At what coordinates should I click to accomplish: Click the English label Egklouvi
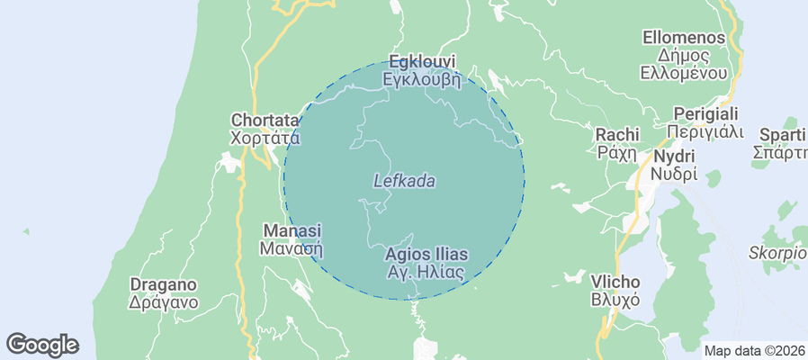click(x=421, y=62)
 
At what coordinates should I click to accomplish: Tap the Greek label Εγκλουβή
click(x=421, y=79)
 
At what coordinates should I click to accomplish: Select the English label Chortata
click(x=265, y=120)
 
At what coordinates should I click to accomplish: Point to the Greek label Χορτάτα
click(x=265, y=138)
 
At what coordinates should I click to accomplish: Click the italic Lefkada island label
click(x=404, y=181)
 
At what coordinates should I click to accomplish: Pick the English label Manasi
click(x=292, y=230)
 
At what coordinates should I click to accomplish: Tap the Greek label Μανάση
click(x=292, y=248)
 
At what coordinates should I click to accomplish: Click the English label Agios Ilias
click(x=426, y=254)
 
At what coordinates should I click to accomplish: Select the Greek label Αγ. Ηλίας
click(x=426, y=272)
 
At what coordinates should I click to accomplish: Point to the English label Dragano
click(x=163, y=284)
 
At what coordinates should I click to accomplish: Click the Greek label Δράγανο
click(x=163, y=302)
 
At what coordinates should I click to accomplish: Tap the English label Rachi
click(x=617, y=134)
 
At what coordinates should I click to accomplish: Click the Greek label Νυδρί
click(x=674, y=174)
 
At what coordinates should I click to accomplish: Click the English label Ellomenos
click(x=685, y=38)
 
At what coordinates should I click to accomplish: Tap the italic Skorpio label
click(x=777, y=252)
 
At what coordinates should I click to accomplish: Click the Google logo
click(x=42, y=344)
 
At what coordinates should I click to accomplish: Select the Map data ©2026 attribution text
click(x=754, y=351)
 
